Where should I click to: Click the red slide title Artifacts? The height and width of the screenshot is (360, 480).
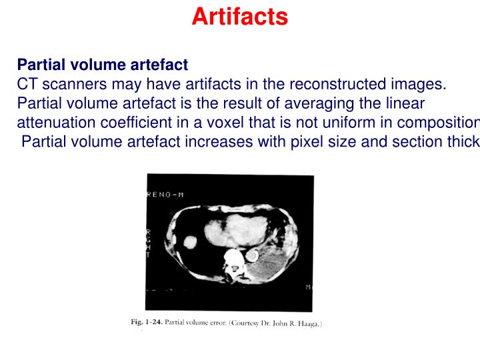pos(239,16)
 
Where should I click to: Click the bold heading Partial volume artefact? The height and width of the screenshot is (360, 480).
pos(102,65)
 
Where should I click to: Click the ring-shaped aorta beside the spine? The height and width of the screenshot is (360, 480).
pos(253,255)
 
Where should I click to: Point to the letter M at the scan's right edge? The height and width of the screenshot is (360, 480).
pos(308,287)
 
